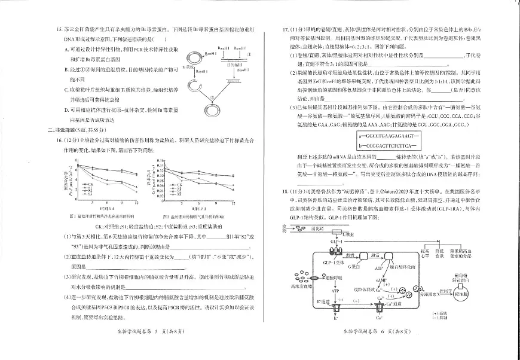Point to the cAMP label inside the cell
point(380,280)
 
